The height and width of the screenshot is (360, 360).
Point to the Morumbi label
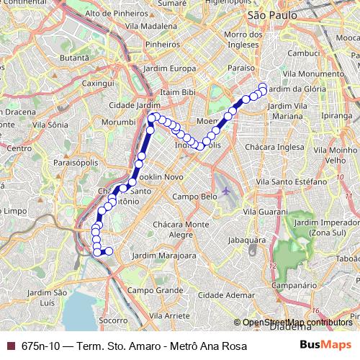point(119,122)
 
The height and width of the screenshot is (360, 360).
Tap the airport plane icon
point(228,191)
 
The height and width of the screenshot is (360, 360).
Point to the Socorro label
point(113,320)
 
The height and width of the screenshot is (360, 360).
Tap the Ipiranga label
point(337,114)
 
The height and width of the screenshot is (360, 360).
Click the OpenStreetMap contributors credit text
point(297,323)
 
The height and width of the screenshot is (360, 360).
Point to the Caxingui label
point(99,84)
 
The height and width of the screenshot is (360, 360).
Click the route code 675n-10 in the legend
point(41,346)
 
